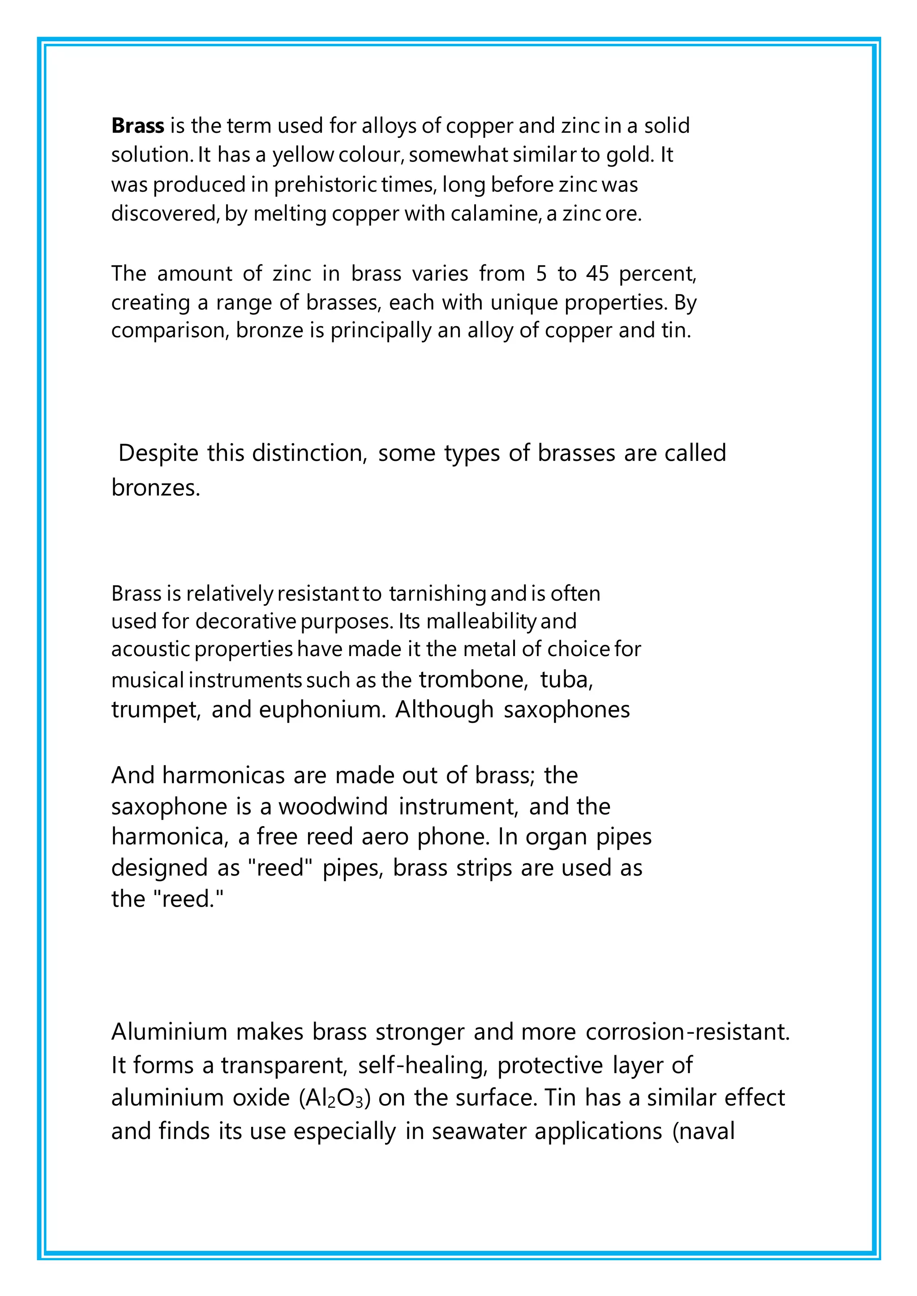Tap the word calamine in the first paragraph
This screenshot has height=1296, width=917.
pyautogui.click(x=496, y=214)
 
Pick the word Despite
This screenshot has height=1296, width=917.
pyautogui.click(x=158, y=453)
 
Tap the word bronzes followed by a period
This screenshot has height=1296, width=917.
pyautogui.click(x=155, y=488)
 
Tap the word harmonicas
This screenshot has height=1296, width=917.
pyautogui.click(x=223, y=776)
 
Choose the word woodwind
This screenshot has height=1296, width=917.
pyautogui.click(x=333, y=806)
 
